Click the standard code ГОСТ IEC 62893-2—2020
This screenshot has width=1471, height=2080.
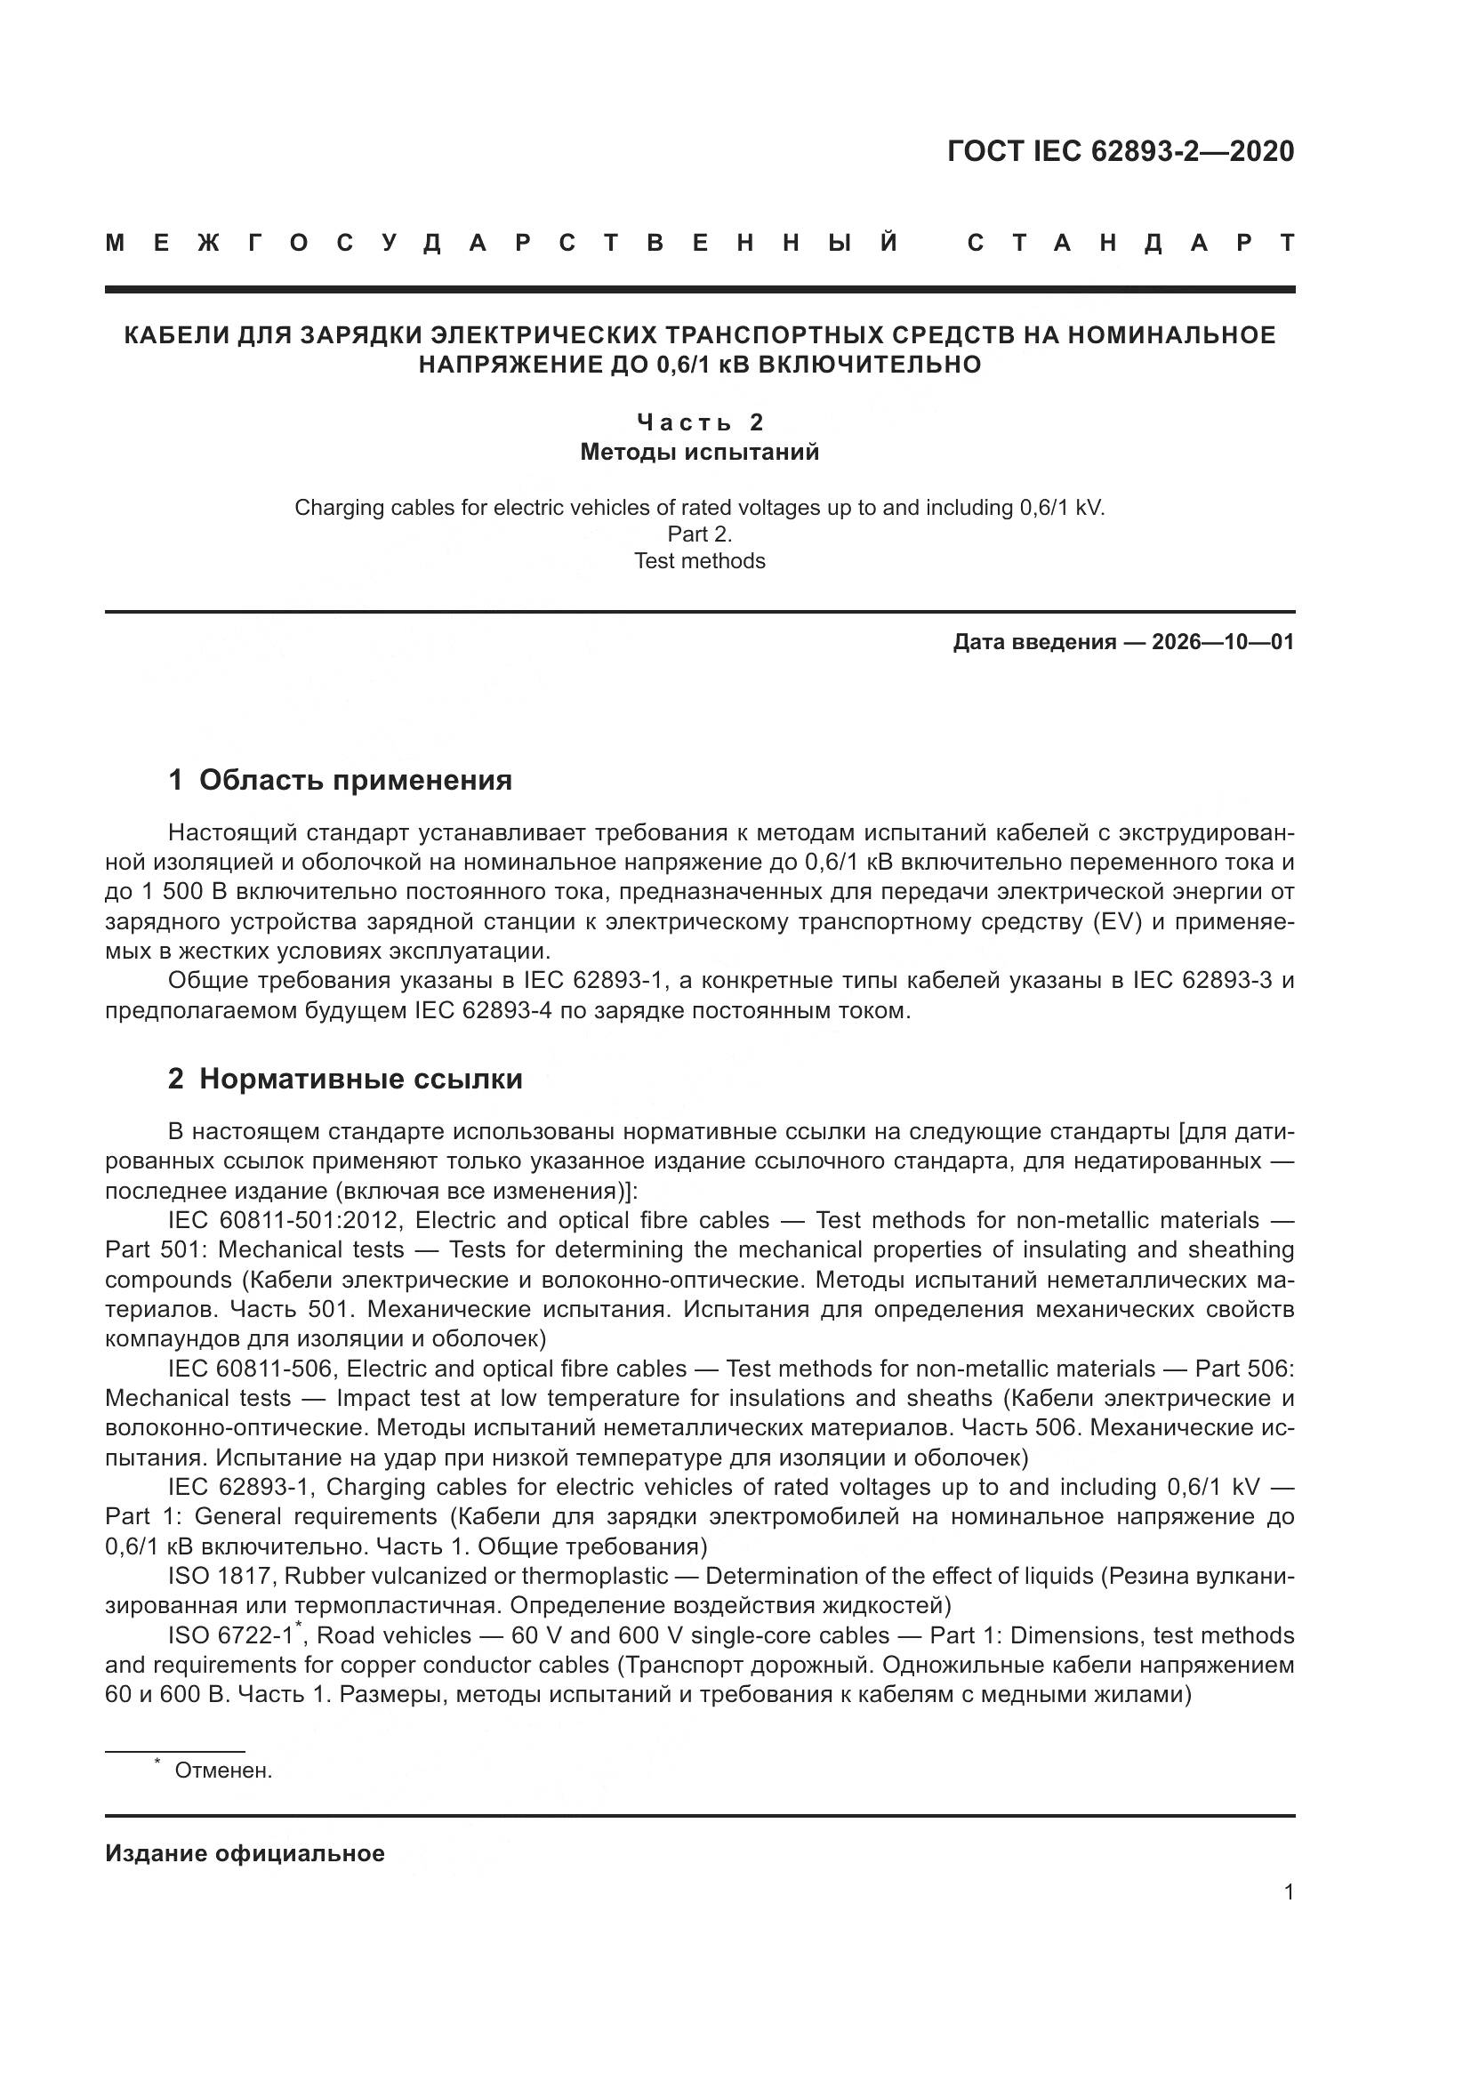[x=1121, y=151]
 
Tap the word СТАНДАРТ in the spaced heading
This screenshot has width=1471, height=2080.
[x=1130, y=244]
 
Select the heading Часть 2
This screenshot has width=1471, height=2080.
[x=700, y=422]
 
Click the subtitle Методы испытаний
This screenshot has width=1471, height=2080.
[x=700, y=452]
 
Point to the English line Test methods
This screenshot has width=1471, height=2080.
[x=700, y=561]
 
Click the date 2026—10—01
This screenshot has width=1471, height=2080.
[x=1223, y=643]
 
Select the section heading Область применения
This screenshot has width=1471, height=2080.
[x=355, y=780]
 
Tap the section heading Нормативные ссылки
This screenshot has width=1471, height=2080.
[x=360, y=1079]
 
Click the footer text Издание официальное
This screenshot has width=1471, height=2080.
[x=245, y=1853]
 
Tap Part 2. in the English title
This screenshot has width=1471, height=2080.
[x=700, y=534]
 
